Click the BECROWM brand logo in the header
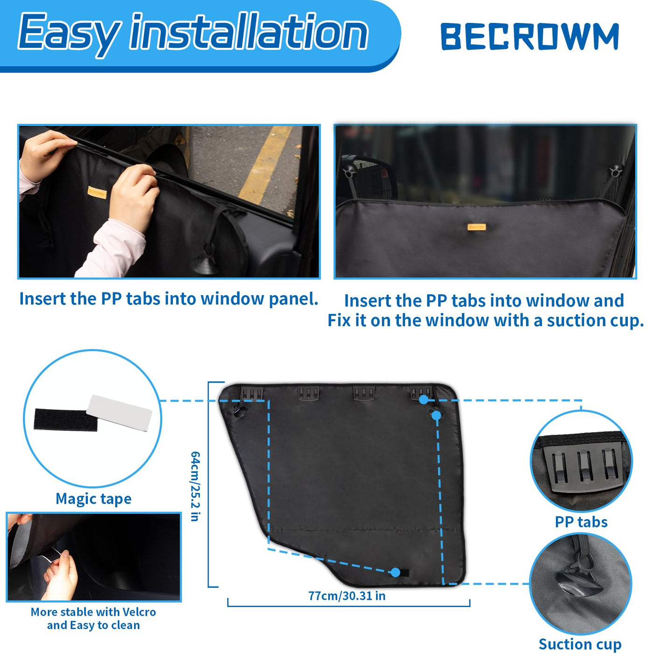point(529,36)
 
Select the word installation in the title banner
point(249,32)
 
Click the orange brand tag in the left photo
point(97,192)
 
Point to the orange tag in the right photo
point(476,227)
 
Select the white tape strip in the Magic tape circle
point(119,412)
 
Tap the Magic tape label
point(93,498)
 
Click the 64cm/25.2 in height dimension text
point(195,486)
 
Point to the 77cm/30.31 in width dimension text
point(347,596)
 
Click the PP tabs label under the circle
point(581,522)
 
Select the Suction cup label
point(580,644)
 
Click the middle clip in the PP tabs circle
point(585,467)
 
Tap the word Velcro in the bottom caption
point(139,611)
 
